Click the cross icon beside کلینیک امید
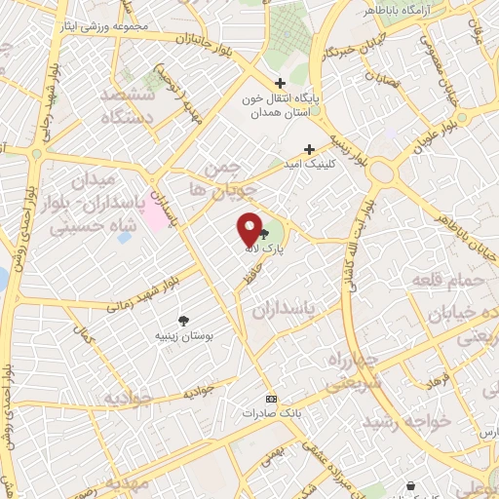pos(309,149)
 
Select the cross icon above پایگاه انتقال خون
pos(281,84)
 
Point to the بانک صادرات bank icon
pos(271,399)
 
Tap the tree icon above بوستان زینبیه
pos(183,320)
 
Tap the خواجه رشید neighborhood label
pos(407,421)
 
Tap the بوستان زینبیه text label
pos(184,336)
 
